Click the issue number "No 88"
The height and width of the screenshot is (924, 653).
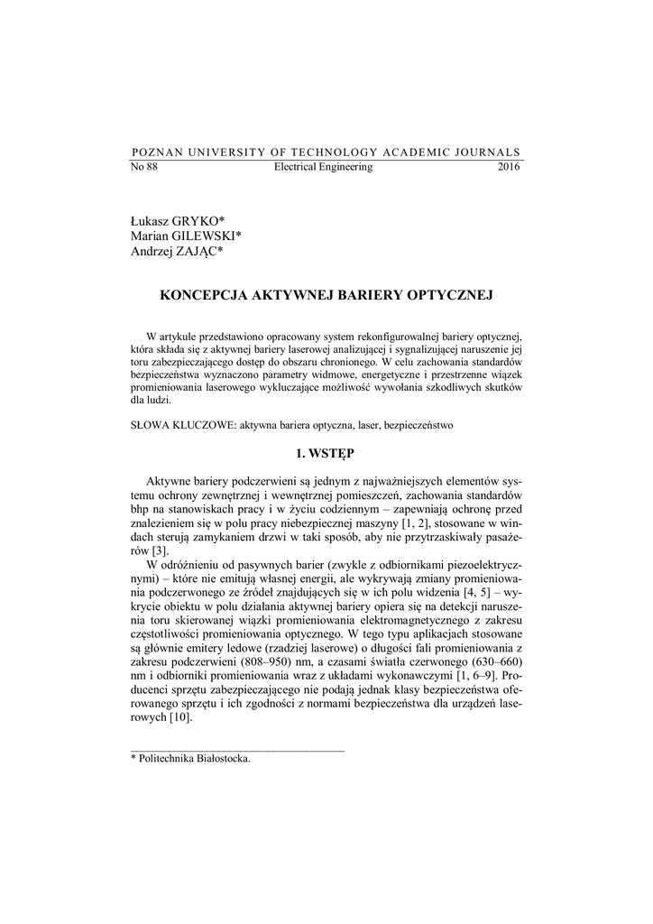point(144,167)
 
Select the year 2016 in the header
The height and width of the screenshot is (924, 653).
point(509,167)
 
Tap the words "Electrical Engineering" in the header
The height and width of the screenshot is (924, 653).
point(323,167)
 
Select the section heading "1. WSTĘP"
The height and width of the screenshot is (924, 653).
point(326,451)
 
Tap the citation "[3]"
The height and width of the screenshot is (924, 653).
point(160,550)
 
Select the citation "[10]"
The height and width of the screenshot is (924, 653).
point(180,718)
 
